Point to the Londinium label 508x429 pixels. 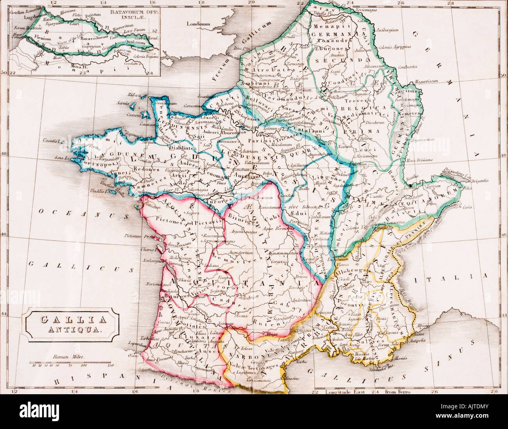pos(198,24)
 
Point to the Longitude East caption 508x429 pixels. pos(342,391)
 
